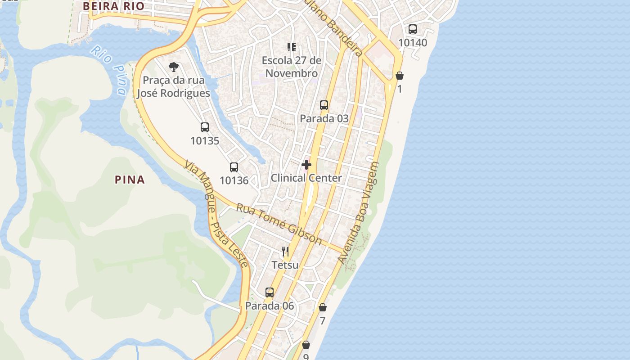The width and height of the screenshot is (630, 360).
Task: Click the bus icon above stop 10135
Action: [205, 127]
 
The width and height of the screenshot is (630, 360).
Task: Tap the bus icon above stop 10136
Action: [234, 167]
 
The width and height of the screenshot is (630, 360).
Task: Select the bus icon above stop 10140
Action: [413, 29]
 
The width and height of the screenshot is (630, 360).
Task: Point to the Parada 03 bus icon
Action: [324, 105]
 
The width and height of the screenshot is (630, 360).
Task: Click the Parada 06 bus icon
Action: [270, 292]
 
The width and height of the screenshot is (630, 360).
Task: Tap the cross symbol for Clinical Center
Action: [306, 165]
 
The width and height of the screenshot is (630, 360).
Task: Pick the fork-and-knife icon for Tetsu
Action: [285, 251]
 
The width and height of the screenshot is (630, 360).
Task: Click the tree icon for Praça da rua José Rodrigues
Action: [173, 67]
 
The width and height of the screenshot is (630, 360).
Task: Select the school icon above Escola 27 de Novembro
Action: [292, 47]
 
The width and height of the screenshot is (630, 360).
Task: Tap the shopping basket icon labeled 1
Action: [400, 76]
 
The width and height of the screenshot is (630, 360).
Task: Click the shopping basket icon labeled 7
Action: [323, 307]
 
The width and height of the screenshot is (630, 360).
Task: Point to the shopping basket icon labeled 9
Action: [306, 345]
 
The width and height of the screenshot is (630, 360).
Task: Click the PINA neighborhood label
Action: [130, 180]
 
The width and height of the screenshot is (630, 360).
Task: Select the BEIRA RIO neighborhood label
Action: [113, 6]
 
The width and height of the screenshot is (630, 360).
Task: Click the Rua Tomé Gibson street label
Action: [279, 224]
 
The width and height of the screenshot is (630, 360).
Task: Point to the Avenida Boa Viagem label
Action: [359, 213]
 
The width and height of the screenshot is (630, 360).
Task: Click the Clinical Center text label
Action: [306, 178]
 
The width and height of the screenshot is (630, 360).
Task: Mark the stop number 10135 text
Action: [205, 141]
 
